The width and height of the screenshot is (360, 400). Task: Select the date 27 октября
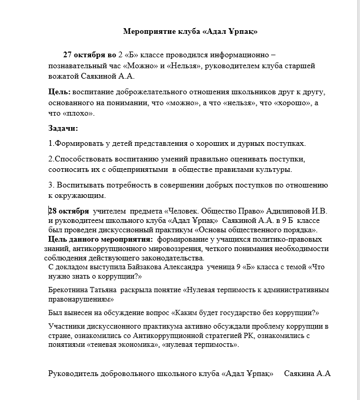[84, 55]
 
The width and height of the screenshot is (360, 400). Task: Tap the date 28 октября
[69, 211]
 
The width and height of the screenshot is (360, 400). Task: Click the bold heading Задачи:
[63, 128]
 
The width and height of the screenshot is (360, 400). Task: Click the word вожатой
[66, 77]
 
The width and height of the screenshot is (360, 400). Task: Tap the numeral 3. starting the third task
[52, 185]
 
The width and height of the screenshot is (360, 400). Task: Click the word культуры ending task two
[274, 169]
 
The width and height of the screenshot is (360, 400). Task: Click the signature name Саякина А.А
[307, 373]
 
